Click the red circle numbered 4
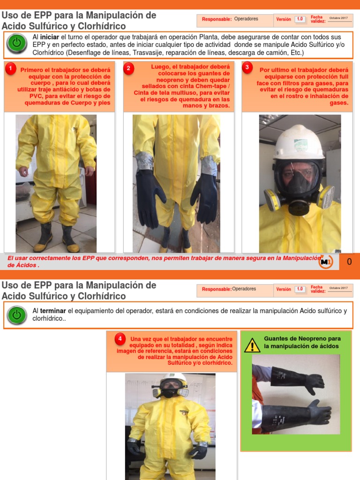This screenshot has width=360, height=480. (x=120, y=338)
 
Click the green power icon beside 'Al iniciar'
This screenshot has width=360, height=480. (x=17, y=43)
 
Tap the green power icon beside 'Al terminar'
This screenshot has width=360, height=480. (x=17, y=315)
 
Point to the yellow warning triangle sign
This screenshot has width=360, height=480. (x=252, y=345)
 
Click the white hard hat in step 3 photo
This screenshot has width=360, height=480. (x=299, y=142)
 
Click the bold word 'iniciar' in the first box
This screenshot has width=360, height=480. (x=50, y=37)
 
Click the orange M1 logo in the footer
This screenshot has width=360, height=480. (x=325, y=262)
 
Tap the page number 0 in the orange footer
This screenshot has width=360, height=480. (x=349, y=262)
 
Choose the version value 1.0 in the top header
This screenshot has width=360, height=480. (x=300, y=19)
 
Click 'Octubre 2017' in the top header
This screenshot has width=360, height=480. (x=338, y=18)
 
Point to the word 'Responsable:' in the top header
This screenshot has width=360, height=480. (x=217, y=19)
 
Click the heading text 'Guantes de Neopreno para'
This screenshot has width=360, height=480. (x=302, y=338)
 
